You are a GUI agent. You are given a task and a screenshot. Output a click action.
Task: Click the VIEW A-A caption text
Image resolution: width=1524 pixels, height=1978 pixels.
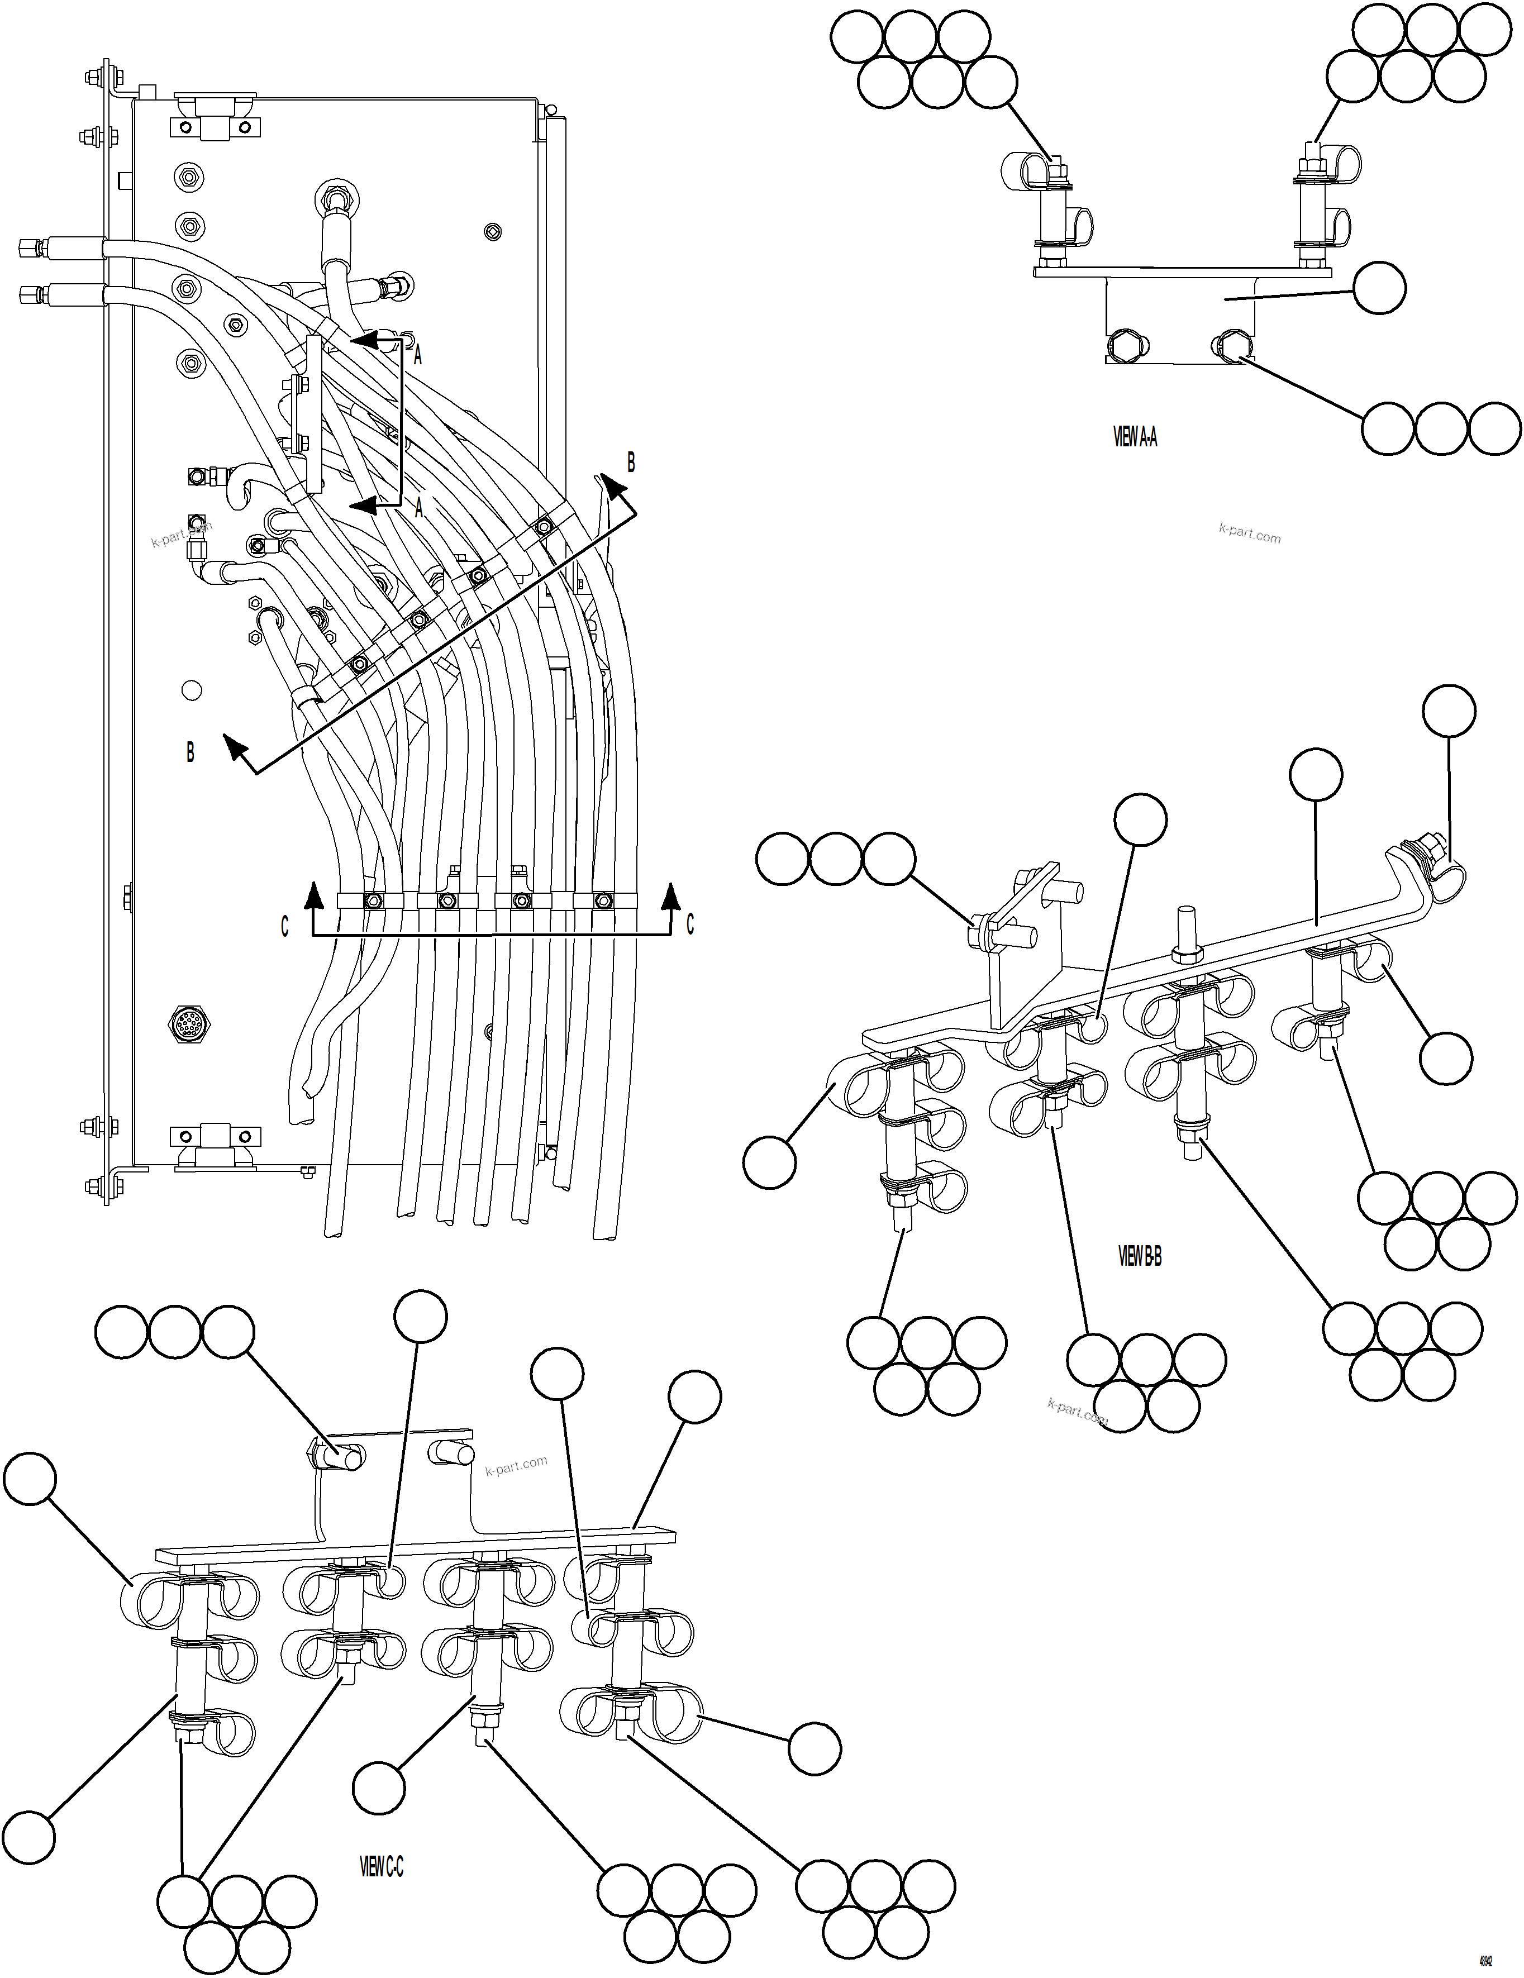coord(1135,437)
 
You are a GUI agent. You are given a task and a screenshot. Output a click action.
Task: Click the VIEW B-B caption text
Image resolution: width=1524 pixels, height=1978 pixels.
coord(1139,1256)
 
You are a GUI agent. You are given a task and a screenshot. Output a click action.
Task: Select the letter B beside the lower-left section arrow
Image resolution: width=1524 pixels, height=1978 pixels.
coord(190,752)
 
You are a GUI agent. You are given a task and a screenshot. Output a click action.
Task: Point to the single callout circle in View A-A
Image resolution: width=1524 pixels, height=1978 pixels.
coord(1379,288)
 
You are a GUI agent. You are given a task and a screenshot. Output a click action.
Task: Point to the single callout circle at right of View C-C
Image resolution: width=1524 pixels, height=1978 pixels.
coord(814,1748)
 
